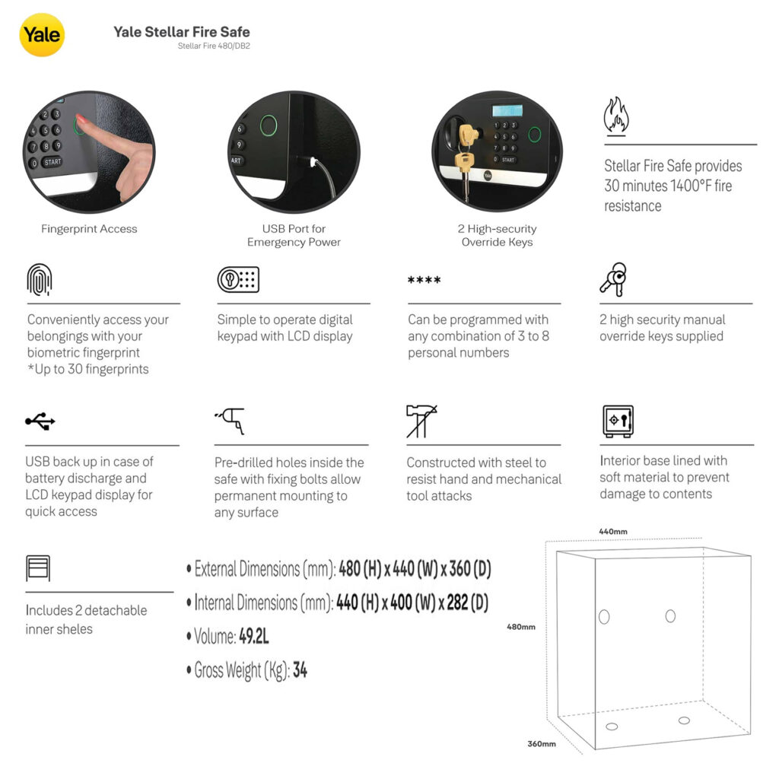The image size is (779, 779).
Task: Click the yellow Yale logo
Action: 42,35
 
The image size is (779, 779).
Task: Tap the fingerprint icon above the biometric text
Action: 40,280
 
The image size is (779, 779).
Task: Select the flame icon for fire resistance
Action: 616,116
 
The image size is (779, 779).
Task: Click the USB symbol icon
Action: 40,421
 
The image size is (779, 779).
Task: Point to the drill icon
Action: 231,421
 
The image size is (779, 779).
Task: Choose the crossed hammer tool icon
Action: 421,421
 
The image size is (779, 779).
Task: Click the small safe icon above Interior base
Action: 618,421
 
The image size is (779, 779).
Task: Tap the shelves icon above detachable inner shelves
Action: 38,568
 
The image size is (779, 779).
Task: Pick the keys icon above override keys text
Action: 613,280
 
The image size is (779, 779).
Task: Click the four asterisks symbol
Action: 424,280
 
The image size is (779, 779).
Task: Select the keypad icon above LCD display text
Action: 238,280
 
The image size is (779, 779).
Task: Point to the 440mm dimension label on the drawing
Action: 613,532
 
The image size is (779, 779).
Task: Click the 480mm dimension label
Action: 520,627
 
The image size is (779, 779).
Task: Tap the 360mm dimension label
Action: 542,744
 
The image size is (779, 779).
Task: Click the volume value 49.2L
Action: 254,636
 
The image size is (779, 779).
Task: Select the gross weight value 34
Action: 300,670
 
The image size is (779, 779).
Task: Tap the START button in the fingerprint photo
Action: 52,162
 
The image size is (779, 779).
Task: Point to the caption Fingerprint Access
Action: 89,229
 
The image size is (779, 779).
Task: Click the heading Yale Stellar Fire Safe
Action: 182,32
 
